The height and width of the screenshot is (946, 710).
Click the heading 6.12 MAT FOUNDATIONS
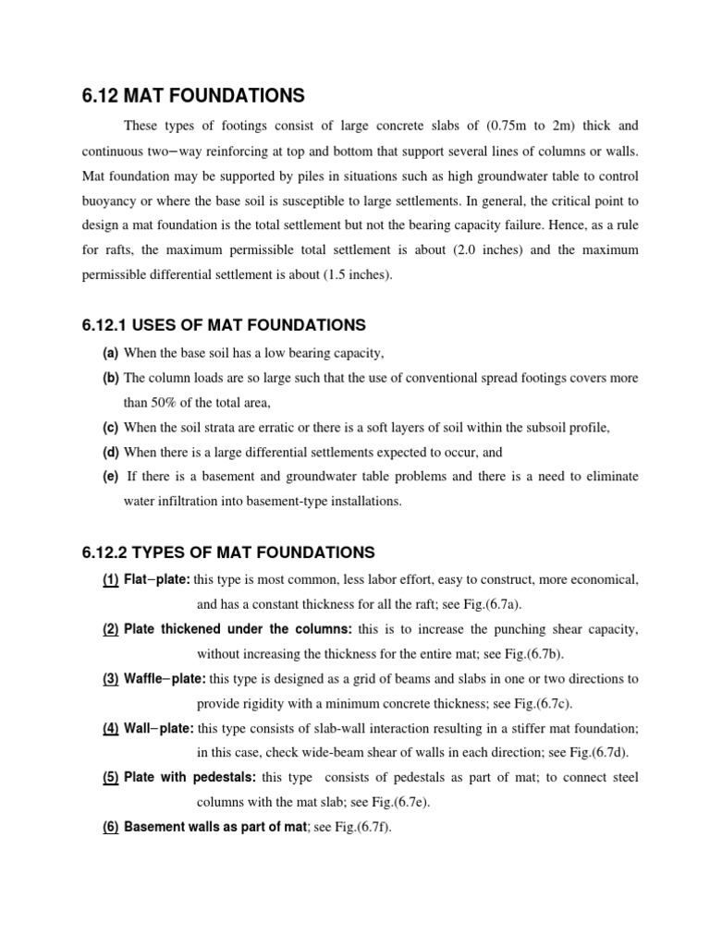[x=193, y=95]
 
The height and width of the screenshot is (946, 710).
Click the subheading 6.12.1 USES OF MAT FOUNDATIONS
[x=224, y=325]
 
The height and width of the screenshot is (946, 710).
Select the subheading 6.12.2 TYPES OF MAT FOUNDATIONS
[x=228, y=552]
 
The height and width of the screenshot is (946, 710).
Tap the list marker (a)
[x=110, y=354]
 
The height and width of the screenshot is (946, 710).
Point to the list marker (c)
[x=110, y=428]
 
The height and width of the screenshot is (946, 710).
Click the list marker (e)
[x=110, y=476]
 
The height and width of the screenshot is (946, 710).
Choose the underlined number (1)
[x=110, y=579]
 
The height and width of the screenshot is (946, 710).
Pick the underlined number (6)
[x=110, y=827]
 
